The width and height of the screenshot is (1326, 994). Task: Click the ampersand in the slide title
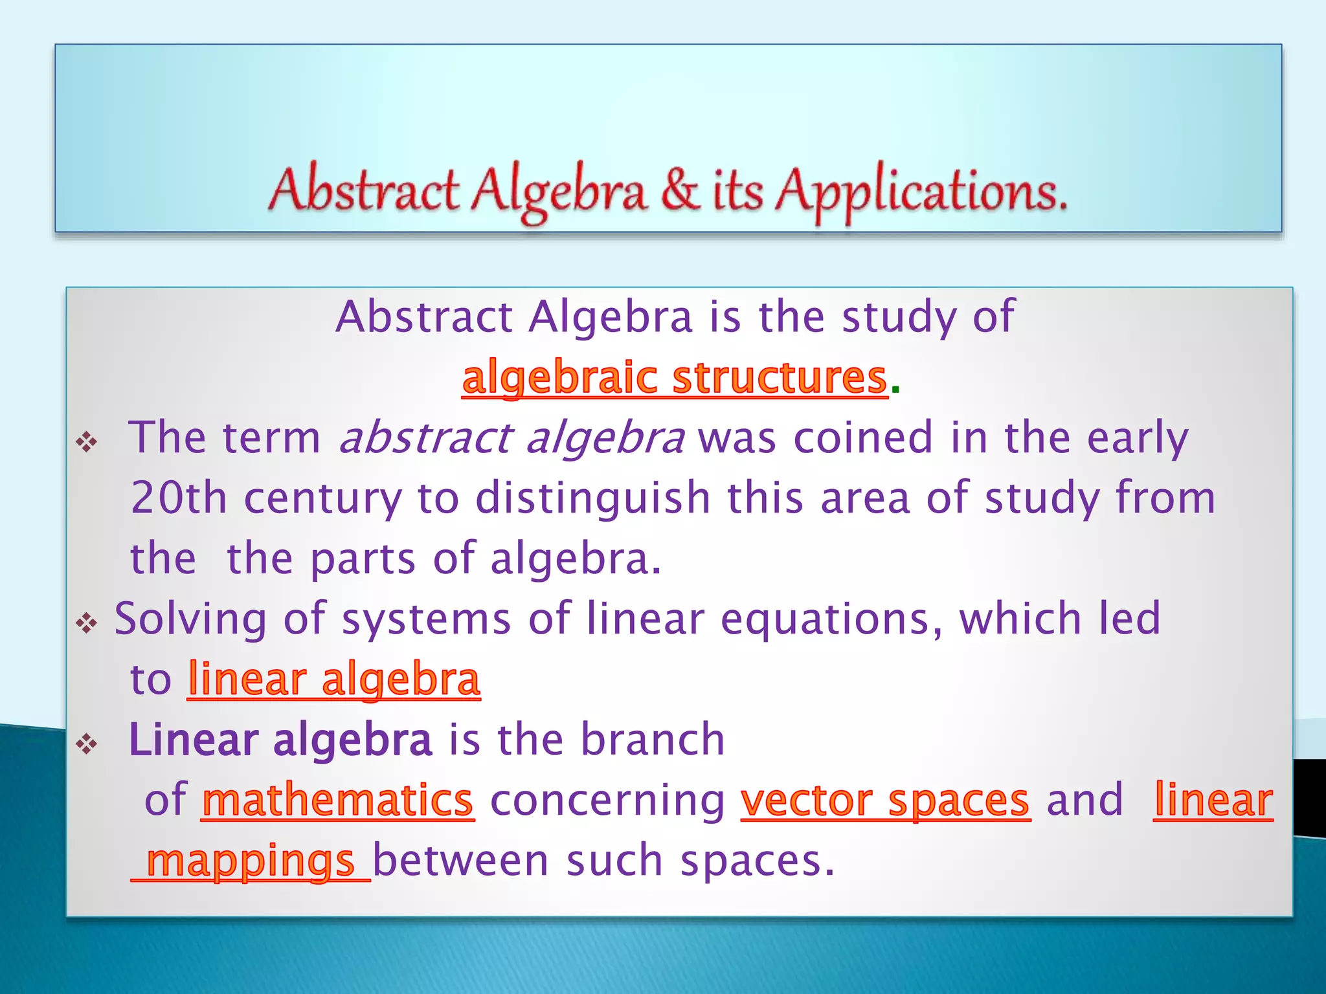[x=680, y=190]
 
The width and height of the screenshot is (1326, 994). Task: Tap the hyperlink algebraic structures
[x=674, y=377]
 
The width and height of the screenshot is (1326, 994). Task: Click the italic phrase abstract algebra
[x=511, y=438]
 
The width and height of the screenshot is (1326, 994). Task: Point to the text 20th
[x=179, y=498]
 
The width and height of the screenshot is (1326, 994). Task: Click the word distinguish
[x=592, y=498]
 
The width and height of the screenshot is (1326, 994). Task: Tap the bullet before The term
[x=87, y=443]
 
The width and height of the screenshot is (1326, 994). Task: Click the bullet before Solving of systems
[x=87, y=624]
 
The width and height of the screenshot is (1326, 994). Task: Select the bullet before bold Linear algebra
[x=87, y=744]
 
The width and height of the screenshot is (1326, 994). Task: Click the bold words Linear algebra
[x=280, y=740]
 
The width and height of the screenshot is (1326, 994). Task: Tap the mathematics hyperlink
[x=337, y=801]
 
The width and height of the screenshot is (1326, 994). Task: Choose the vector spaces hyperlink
[x=885, y=801]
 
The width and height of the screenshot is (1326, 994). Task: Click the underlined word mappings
[x=251, y=861]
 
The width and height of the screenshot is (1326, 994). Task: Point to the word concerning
[x=607, y=801]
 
